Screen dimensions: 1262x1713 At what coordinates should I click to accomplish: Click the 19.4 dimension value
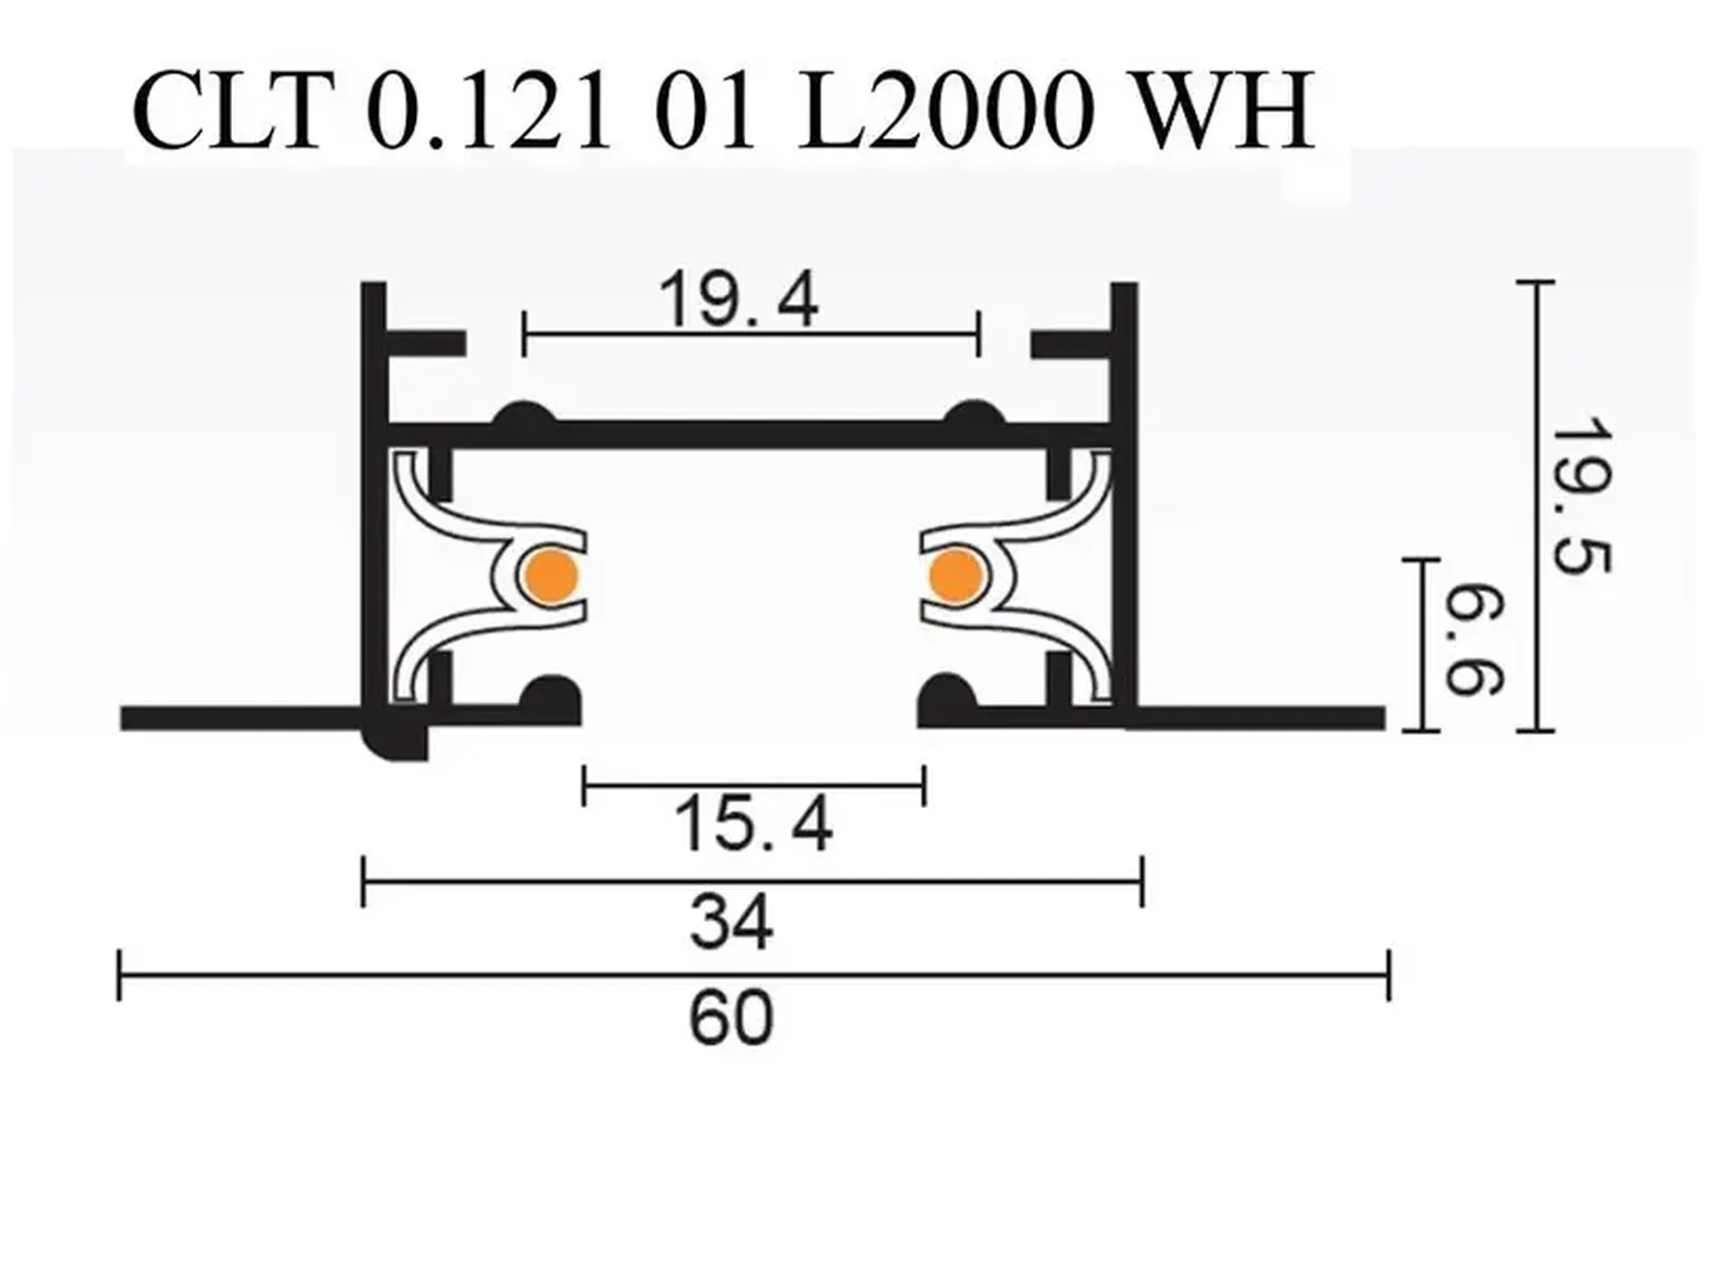(x=738, y=299)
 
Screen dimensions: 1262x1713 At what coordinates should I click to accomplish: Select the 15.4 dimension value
(x=753, y=825)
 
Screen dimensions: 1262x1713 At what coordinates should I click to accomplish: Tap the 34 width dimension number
(x=731, y=923)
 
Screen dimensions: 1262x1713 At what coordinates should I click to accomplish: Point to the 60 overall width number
(x=731, y=1018)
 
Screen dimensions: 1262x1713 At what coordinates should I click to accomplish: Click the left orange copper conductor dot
(x=551, y=575)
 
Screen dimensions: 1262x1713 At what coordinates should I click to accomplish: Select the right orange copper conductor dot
(x=956, y=575)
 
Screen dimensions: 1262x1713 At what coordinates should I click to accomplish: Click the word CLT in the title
(x=232, y=111)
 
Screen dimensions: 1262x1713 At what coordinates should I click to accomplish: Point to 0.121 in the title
(x=488, y=111)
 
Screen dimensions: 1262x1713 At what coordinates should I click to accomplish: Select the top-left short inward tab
(x=425, y=343)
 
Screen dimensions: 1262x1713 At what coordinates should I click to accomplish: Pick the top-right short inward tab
(x=1071, y=344)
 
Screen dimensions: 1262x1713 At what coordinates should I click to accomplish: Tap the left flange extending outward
(x=239, y=718)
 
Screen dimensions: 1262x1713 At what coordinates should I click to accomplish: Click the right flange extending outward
(x=1260, y=718)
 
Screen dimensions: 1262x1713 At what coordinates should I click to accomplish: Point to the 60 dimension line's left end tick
(x=120, y=975)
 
